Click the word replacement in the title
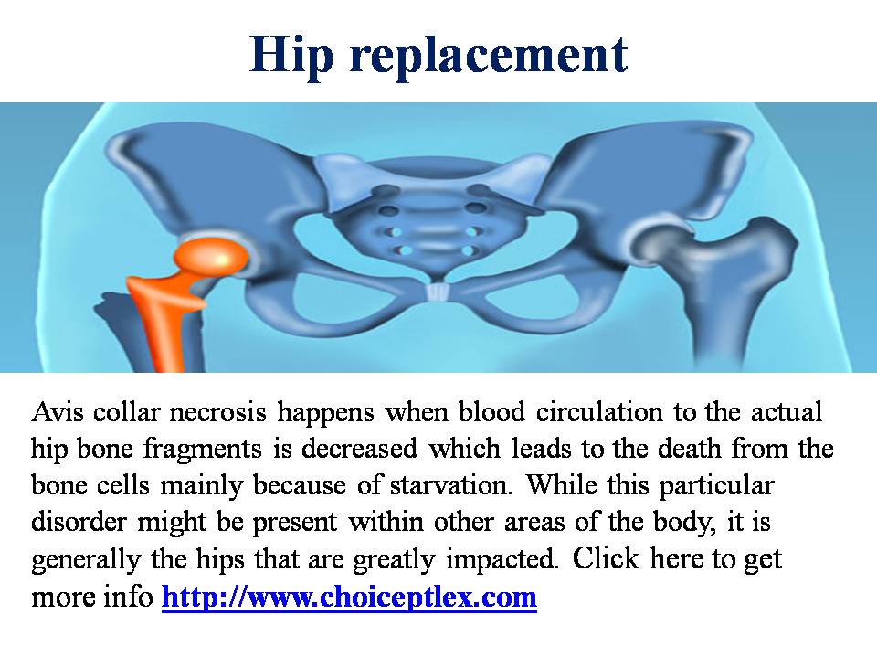point(489,57)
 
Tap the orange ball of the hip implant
point(211,259)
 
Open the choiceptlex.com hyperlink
point(349,597)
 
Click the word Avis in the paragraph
point(58,412)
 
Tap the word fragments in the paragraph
point(203,450)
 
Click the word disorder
point(79,522)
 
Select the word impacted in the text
point(502,559)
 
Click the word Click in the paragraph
point(606,558)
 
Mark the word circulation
point(599,412)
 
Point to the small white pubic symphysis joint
point(437,292)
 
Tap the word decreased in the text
point(360,449)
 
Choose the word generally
point(86,559)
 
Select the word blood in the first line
point(491,412)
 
